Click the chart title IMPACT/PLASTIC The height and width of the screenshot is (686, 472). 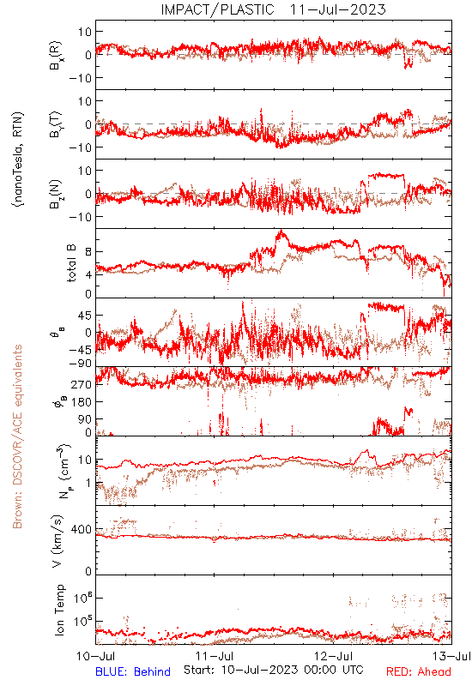[x=217, y=9]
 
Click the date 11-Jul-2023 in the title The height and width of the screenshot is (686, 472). [x=337, y=9]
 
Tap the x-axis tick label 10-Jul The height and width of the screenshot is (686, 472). [x=96, y=657]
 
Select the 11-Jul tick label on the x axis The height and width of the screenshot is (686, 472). [x=215, y=657]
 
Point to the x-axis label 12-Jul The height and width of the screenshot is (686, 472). [x=333, y=657]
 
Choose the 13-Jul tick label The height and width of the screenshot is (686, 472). [x=452, y=657]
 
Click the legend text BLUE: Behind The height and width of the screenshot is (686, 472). [x=133, y=671]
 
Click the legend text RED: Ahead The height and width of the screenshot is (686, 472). [x=419, y=671]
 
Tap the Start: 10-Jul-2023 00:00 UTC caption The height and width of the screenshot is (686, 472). [x=274, y=671]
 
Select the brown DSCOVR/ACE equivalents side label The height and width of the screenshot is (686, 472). [x=17, y=436]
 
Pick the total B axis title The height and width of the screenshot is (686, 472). [x=71, y=263]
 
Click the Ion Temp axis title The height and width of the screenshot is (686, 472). [x=59, y=610]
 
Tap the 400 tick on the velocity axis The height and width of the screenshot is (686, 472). [x=82, y=530]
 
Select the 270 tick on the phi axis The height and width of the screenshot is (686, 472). [x=82, y=384]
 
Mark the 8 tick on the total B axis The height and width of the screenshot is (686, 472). [x=88, y=251]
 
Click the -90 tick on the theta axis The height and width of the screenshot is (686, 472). [x=80, y=364]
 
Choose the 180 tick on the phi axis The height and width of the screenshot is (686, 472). [x=82, y=401]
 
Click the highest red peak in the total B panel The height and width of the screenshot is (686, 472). [x=281, y=231]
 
